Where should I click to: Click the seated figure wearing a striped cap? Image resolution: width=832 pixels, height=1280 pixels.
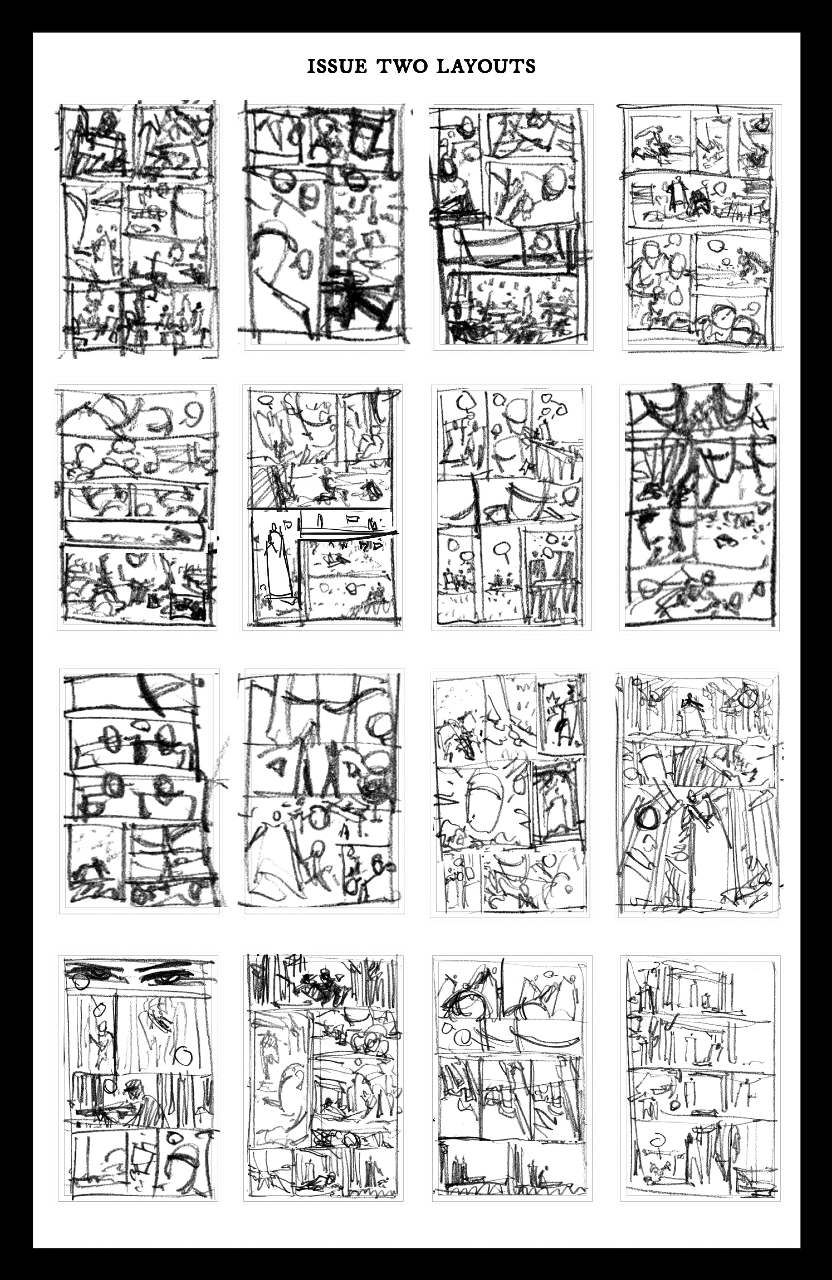click(x=139, y=1097)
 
